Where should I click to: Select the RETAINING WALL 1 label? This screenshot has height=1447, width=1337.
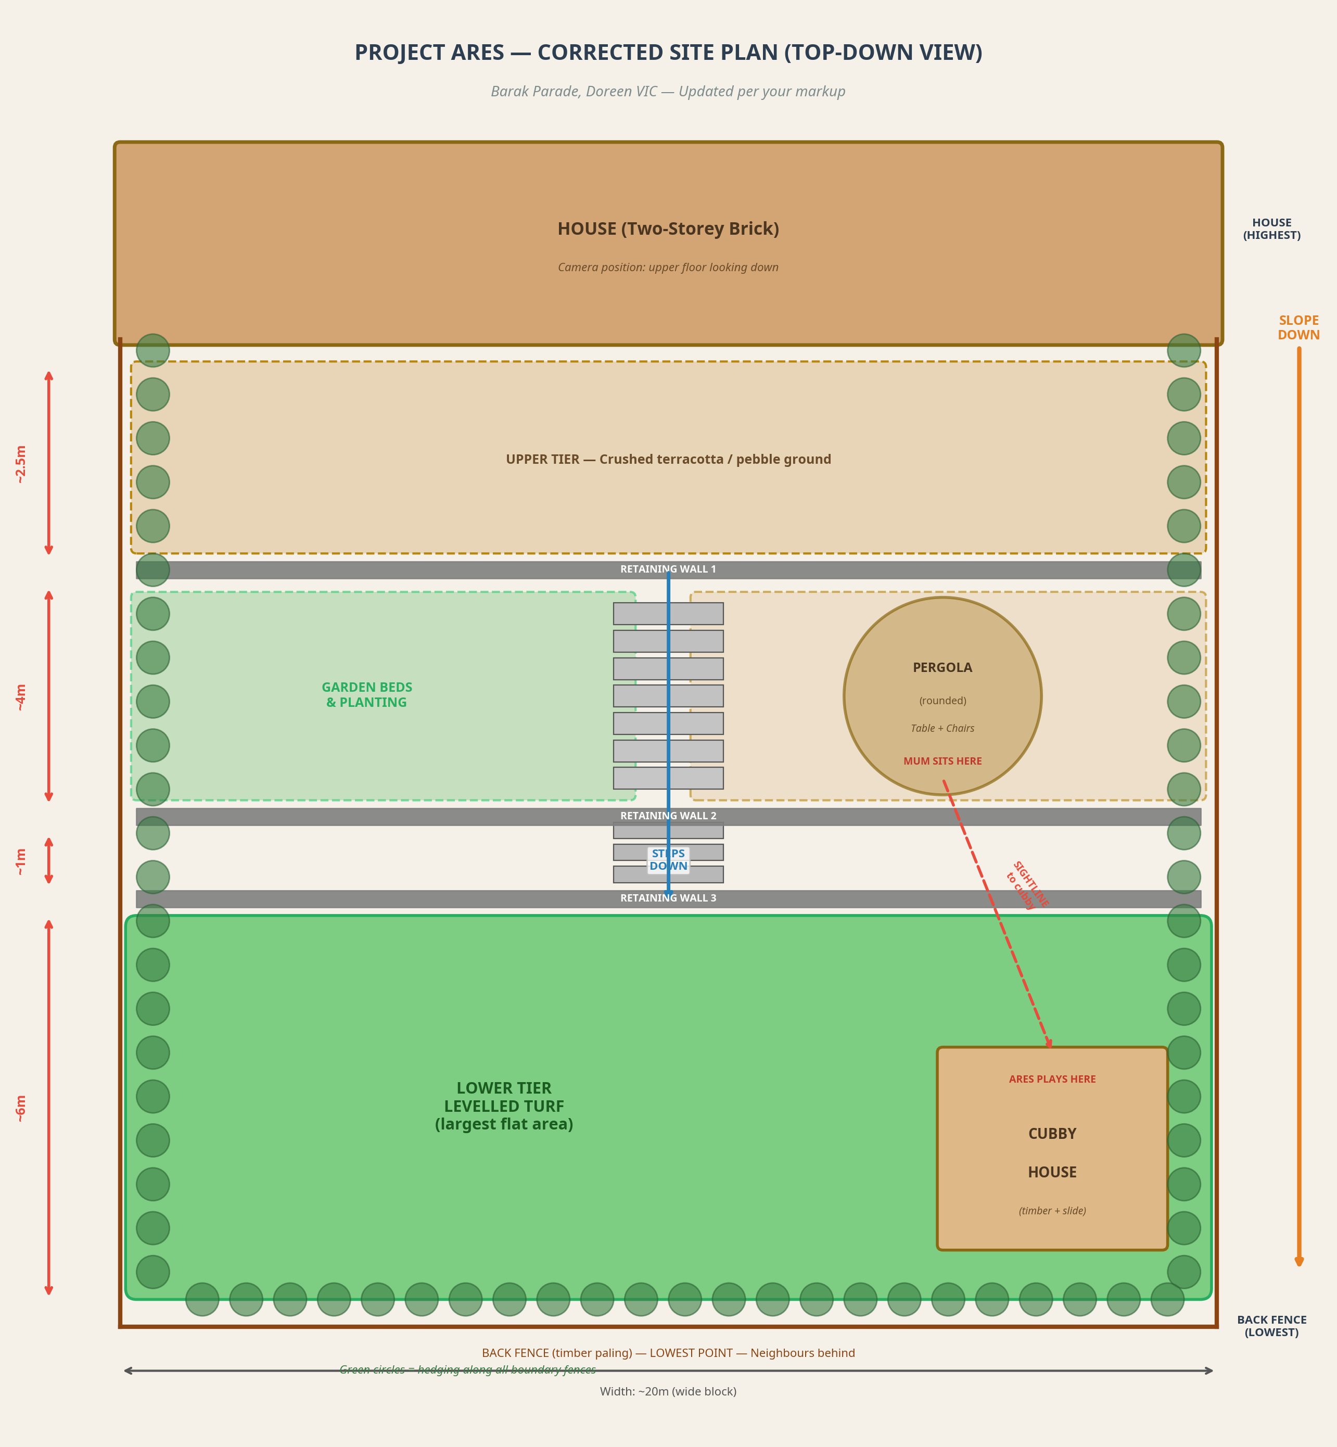click(x=668, y=569)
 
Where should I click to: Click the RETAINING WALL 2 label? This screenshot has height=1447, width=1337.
click(x=668, y=816)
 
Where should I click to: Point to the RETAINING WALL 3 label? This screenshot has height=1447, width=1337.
click(x=668, y=898)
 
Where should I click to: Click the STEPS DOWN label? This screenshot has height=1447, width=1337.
click(x=668, y=859)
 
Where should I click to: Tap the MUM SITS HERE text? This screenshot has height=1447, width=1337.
click(x=942, y=761)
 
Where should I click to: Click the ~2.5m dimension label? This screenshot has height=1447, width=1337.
click(x=21, y=464)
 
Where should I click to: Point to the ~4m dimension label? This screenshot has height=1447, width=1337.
click(x=21, y=697)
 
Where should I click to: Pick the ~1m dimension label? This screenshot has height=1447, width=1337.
click(x=21, y=861)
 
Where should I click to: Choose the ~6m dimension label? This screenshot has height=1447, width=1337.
click(x=21, y=1108)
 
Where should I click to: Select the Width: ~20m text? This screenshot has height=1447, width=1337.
click(x=668, y=1391)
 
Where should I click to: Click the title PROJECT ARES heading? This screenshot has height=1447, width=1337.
click(x=668, y=53)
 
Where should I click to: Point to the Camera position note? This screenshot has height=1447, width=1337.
click(x=668, y=268)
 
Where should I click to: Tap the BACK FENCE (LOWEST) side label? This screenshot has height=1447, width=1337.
click(x=1271, y=1326)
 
